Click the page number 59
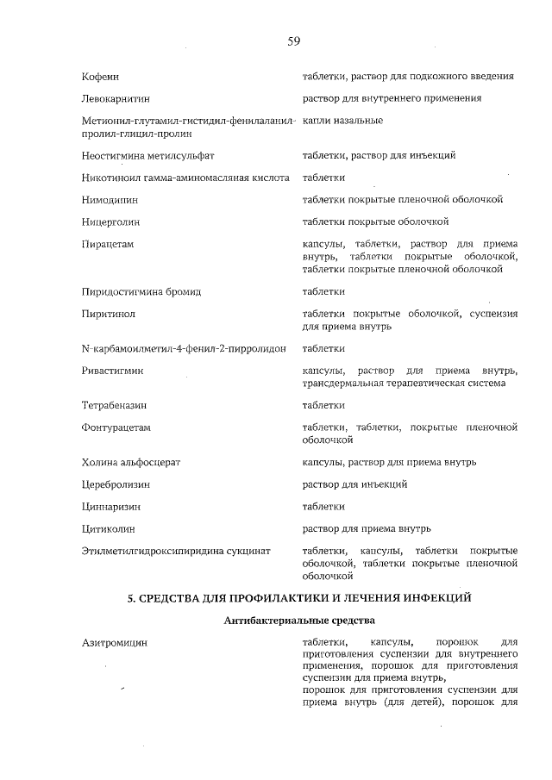pyautogui.click(x=293, y=41)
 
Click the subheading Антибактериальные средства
pyautogui.click(x=299, y=620)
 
